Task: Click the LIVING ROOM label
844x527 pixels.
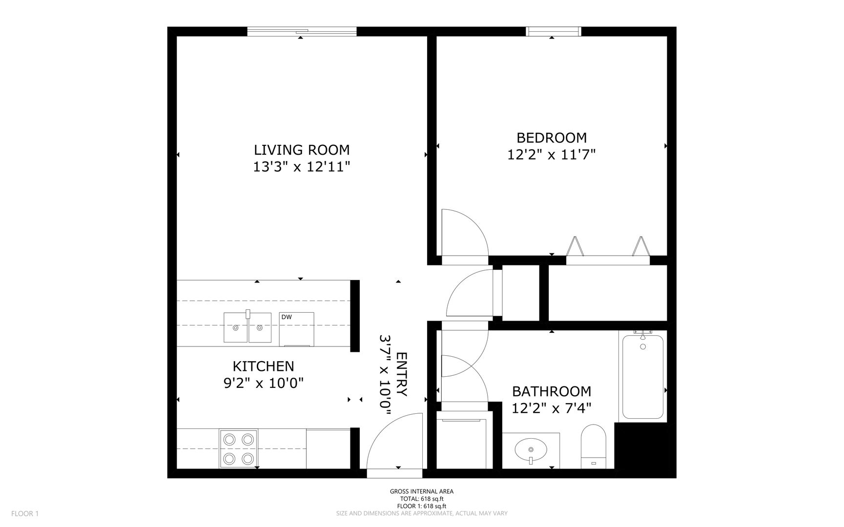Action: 302,149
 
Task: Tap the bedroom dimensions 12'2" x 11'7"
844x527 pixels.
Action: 552,155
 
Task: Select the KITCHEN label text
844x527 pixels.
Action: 263,366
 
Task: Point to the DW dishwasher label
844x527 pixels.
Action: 287,317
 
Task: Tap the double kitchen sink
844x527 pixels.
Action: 247,327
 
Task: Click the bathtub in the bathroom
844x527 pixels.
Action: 643,376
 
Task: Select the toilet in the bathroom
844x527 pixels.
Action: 594,446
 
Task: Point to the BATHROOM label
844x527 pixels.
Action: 552,391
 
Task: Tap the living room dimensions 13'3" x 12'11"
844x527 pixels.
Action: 302,167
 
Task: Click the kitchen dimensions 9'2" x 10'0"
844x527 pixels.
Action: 264,384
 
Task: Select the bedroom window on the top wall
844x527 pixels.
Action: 554,31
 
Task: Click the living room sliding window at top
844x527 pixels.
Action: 302,31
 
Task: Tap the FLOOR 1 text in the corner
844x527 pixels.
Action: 25,513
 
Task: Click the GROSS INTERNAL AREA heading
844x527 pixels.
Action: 422,492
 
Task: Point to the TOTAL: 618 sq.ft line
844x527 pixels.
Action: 422,499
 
